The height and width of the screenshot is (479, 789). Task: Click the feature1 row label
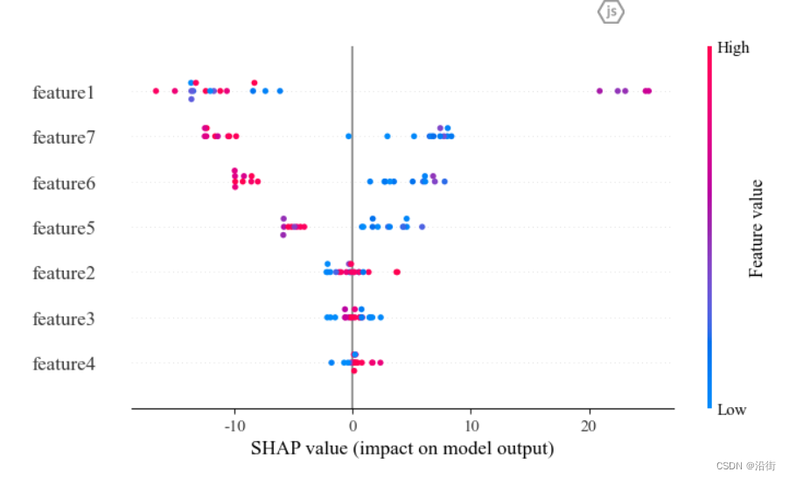tap(63, 92)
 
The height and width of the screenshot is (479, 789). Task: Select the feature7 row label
tap(63, 137)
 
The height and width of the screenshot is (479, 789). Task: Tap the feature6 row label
tap(63, 183)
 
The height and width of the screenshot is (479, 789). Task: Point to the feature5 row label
tap(63, 228)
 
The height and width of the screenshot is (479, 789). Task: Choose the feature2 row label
tap(63, 273)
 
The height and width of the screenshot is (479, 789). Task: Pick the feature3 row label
tap(63, 319)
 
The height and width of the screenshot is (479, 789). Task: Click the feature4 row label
tap(63, 363)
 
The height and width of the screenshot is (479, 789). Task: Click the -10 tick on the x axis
tap(234, 426)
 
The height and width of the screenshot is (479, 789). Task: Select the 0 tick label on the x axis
tap(353, 426)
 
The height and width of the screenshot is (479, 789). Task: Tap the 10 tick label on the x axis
tap(471, 426)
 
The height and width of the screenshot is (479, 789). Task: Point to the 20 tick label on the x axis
tap(590, 426)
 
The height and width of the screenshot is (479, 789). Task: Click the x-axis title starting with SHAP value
tap(402, 449)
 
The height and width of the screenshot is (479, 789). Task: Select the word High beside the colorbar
tap(733, 48)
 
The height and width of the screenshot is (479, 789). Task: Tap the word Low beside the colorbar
tap(731, 409)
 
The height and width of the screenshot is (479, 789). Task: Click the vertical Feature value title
tap(757, 229)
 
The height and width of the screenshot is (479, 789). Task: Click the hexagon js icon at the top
tap(611, 11)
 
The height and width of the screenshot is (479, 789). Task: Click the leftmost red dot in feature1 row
tap(156, 91)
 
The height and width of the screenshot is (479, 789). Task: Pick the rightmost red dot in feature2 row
tap(397, 272)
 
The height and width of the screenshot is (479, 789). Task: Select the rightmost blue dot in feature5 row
tap(422, 227)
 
